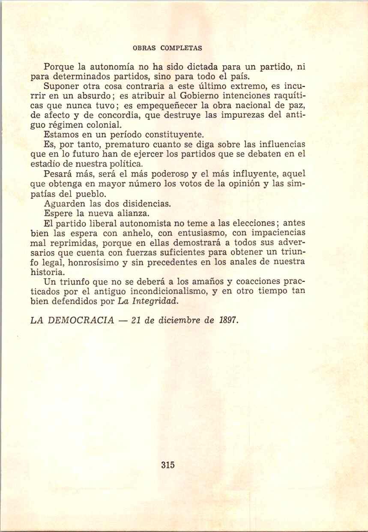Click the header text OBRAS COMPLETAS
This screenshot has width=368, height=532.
click(168, 48)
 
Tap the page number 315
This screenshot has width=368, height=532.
click(168, 465)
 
